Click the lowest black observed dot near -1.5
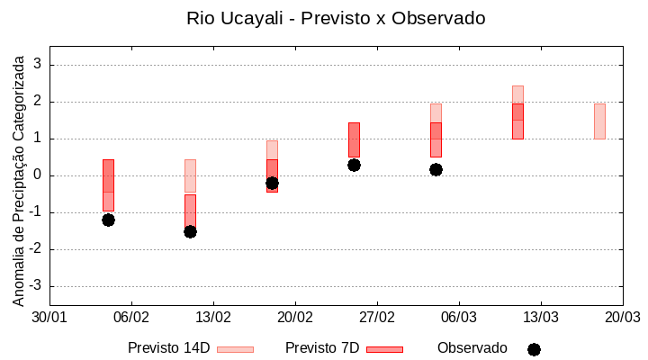[x=190, y=231]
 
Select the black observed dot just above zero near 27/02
[x=354, y=165]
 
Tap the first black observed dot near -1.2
[x=108, y=220]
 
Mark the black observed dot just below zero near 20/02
[x=272, y=183]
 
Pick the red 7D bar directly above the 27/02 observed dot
[x=354, y=139]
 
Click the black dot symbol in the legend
[x=534, y=349]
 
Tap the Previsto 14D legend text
[x=168, y=348]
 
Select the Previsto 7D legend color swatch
[x=384, y=349]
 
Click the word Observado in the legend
[x=472, y=348]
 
